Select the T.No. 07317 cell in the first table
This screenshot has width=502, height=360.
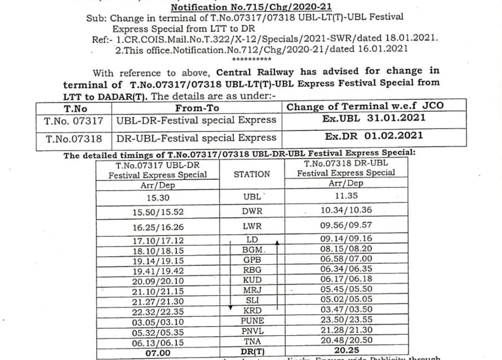pos(74,121)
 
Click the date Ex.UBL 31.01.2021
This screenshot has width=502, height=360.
pos(374,118)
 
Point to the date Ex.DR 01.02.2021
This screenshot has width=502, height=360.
pos(374,136)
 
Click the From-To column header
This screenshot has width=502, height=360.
pos(197,108)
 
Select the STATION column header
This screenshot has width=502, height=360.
pos(252,174)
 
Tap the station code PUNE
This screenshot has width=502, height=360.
pos(252,321)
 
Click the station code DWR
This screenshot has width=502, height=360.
pos(252,212)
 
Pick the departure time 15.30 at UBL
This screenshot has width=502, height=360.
pos(158,198)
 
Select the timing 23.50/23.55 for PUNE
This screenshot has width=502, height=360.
pos(346,320)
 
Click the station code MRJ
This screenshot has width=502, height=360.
pos(252,290)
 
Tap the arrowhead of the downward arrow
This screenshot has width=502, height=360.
pos(230,308)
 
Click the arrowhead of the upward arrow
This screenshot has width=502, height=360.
pos(277,242)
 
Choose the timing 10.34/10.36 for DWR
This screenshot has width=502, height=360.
pos(346,210)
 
